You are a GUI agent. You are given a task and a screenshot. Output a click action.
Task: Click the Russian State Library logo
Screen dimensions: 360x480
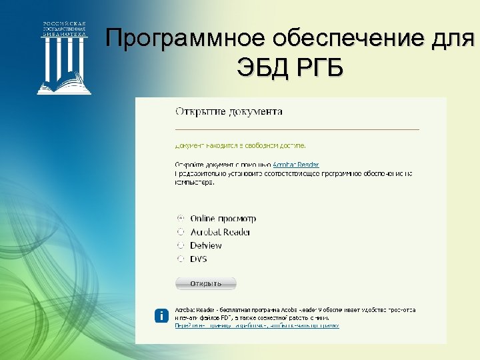click(x=64, y=57)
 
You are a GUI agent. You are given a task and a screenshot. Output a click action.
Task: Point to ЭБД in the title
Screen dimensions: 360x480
click(x=261, y=68)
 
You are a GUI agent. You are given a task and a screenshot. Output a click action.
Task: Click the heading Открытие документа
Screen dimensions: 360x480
click(x=228, y=111)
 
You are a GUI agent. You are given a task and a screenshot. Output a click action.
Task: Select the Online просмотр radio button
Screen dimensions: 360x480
click(x=181, y=218)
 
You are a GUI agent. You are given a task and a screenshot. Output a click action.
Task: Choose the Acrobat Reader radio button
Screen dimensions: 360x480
click(x=181, y=232)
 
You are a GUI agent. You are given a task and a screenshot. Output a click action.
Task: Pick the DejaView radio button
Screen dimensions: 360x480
click(x=181, y=245)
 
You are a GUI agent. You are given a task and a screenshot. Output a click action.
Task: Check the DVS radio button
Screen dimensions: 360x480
click(x=181, y=259)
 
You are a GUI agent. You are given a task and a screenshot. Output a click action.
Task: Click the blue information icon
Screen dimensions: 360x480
click(x=161, y=317)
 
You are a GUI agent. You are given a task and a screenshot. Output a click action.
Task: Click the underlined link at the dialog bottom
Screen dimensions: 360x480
click(x=257, y=326)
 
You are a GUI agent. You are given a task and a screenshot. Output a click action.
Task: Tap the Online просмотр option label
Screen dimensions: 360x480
click(x=223, y=219)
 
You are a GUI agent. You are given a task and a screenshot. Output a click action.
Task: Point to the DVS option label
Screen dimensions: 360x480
click(x=199, y=259)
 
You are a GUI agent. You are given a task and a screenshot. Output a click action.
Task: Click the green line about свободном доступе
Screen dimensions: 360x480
click(x=241, y=145)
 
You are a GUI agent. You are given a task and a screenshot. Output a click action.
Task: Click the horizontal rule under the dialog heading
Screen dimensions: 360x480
click(x=297, y=128)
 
